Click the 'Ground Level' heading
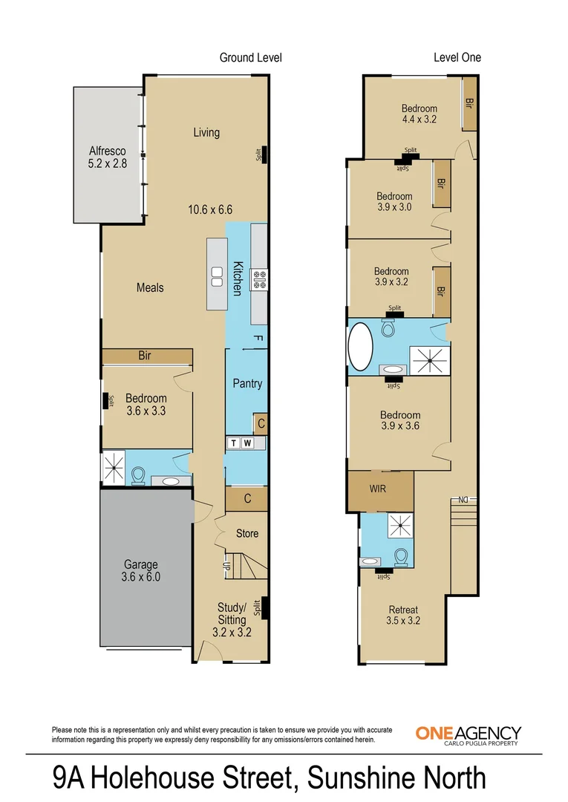tap(250, 57)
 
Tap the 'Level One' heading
tap(457, 57)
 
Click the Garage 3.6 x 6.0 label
tap(141, 570)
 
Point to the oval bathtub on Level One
tap(363, 346)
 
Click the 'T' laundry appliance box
tap(234, 443)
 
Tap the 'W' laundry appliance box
tap(248, 443)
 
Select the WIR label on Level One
tap(379, 491)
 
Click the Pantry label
tap(247, 384)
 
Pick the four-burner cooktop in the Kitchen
tap(260, 278)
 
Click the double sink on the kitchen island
tap(217, 276)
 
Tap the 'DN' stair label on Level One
tap(463, 500)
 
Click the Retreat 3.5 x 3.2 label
tap(404, 615)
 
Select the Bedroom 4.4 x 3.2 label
tap(420, 113)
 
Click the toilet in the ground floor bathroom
tap(139, 475)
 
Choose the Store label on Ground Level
tap(247, 533)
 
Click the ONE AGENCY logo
tap(468, 734)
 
